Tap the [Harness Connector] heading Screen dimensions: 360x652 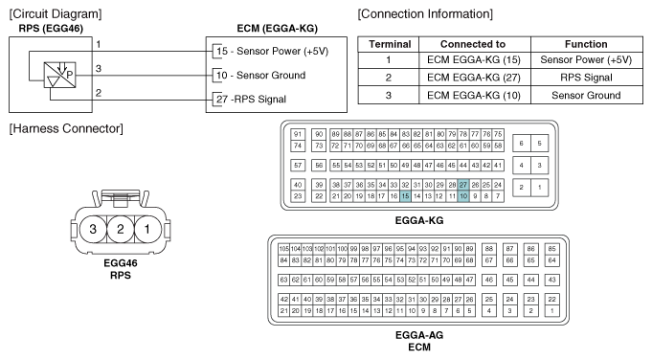tap(56, 128)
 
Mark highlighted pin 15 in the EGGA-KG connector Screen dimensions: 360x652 tap(405, 195)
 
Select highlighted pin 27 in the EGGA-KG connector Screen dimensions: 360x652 tap(463, 184)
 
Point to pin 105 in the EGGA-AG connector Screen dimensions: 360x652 tap(283, 249)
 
